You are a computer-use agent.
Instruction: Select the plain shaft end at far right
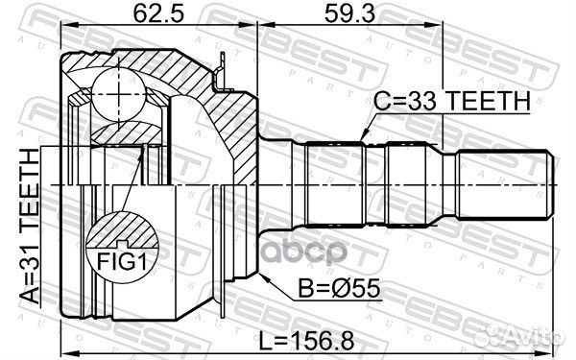pyautogui.click(x=503, y=182)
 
